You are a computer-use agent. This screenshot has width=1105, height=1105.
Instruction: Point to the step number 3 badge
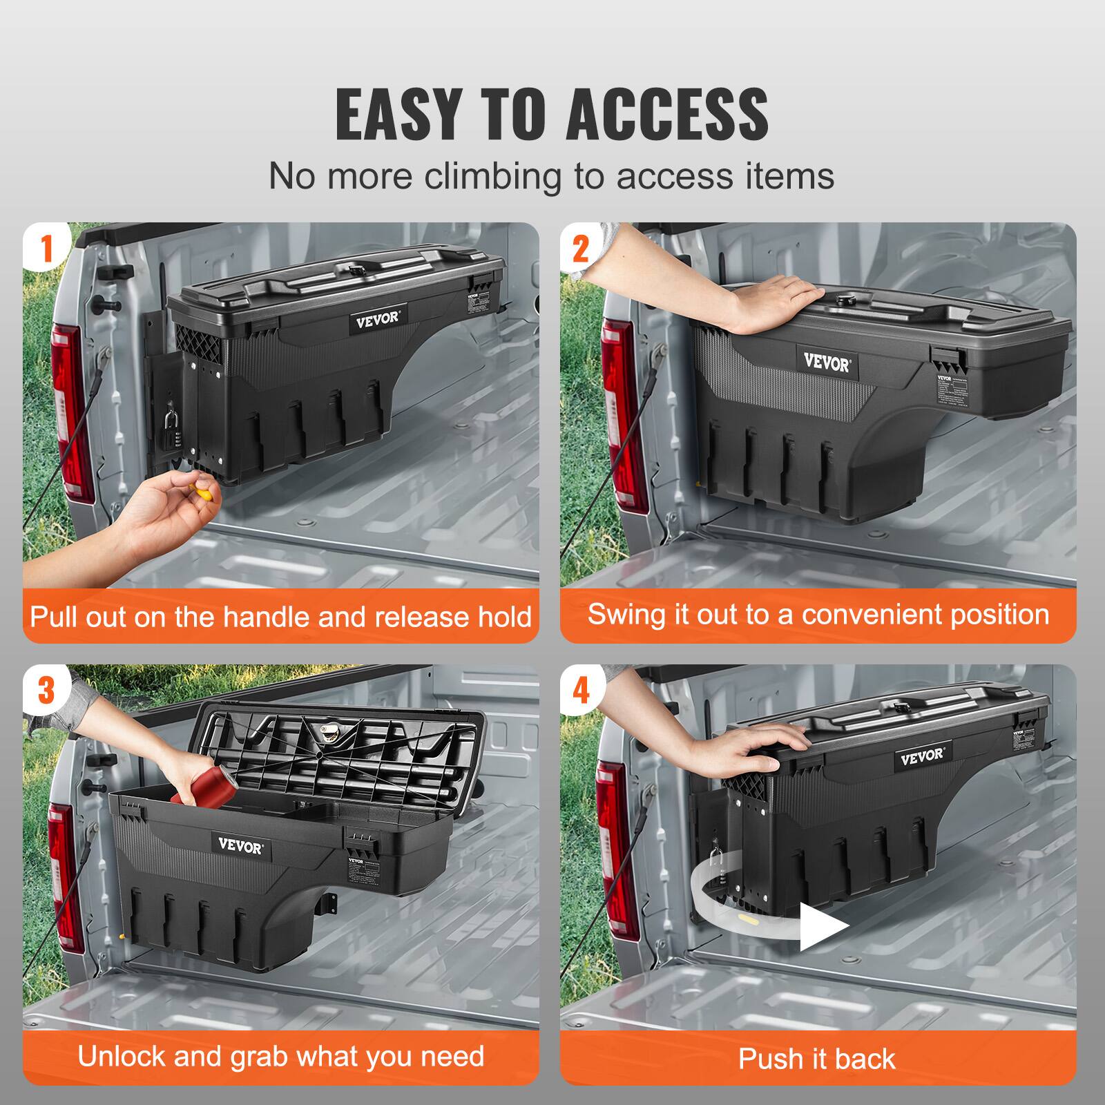point(46,690)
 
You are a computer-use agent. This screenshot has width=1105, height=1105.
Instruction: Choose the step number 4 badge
point(582,690)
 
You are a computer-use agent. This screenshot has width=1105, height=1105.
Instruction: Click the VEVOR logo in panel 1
point(378,319)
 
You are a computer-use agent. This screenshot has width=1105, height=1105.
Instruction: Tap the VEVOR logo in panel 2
point(826,362)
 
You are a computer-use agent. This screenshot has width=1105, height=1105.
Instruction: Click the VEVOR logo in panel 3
point(240,844)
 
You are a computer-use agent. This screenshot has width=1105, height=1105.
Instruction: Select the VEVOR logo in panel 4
point(921,755)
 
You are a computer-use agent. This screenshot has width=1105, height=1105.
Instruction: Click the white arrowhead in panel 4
point(822,925)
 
